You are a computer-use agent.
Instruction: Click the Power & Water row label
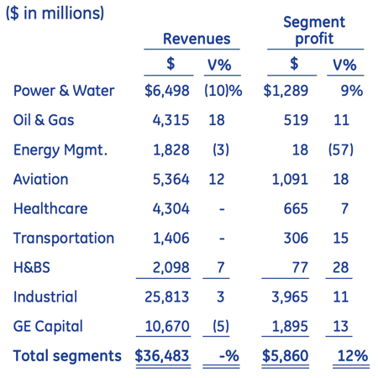(64, 91)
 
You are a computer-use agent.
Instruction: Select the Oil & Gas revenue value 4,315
(171, 120)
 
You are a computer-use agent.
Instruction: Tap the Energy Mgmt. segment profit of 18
(300, 150)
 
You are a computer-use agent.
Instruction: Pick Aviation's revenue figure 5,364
(171, 179)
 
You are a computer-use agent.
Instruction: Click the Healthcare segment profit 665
(296, 208)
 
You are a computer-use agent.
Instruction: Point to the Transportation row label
(64, 239)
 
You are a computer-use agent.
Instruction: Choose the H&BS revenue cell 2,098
(171, 267)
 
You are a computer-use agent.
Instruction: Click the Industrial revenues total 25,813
(167, 297)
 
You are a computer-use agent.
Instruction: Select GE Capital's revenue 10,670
(167, 326)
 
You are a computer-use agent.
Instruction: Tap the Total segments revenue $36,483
(162, 355)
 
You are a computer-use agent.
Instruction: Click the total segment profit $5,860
(286, 355)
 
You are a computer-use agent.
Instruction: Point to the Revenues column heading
(197, 39)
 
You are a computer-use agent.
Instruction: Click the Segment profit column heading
(314, 30)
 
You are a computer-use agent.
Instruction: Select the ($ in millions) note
(55, 13)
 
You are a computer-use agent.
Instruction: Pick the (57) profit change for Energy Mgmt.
(341, 150)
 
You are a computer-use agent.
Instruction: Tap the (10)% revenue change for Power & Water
(223, 91)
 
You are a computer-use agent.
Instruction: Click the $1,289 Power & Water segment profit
(286, 91)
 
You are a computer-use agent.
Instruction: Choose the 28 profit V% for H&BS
(341, 267)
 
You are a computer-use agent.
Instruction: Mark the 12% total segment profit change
(353, 355)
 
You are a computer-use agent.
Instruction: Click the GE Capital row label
(48, 327)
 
